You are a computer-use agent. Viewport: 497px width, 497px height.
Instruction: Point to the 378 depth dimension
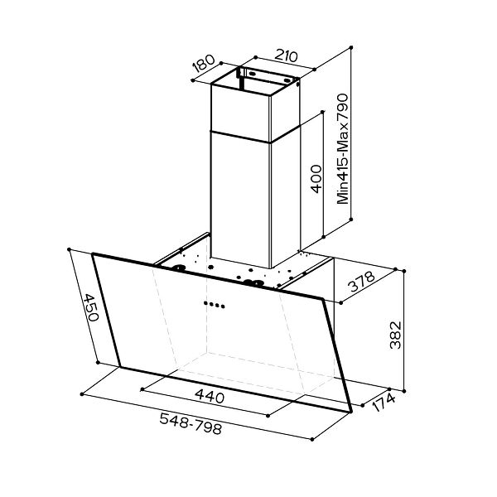[362, 283]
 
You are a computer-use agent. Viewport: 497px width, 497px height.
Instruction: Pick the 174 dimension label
[384, 405]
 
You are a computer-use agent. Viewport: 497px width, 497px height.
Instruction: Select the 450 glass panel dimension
[90, 311]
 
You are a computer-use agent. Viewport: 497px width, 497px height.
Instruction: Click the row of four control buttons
[214, 304]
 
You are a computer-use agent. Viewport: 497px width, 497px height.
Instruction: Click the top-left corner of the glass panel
[93, 255]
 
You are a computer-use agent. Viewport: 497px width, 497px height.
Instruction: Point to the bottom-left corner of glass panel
[118, 365]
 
